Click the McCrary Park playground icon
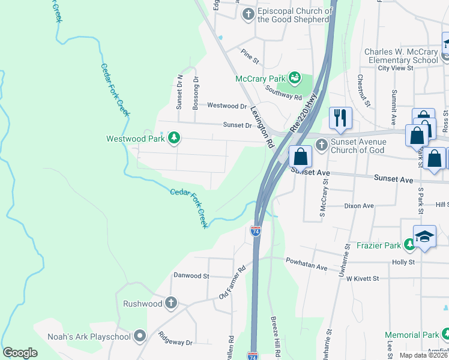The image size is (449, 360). (x=294, y=78)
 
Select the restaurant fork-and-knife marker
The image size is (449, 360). (x=339, y=117)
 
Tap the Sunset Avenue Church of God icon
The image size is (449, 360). (x=322, y=145)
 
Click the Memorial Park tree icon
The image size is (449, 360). (x=445, y=334)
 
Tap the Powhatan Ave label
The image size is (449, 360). (x=307, y=265)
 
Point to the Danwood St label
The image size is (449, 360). (x=190, y=276)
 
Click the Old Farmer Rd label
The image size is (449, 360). (x=233, y=283)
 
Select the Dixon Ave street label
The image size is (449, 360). (x=359, y=206)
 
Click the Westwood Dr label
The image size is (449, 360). (x=227, y=106)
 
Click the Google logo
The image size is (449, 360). (x=20, y=353)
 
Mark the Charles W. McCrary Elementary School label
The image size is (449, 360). (x=402, y=56)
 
